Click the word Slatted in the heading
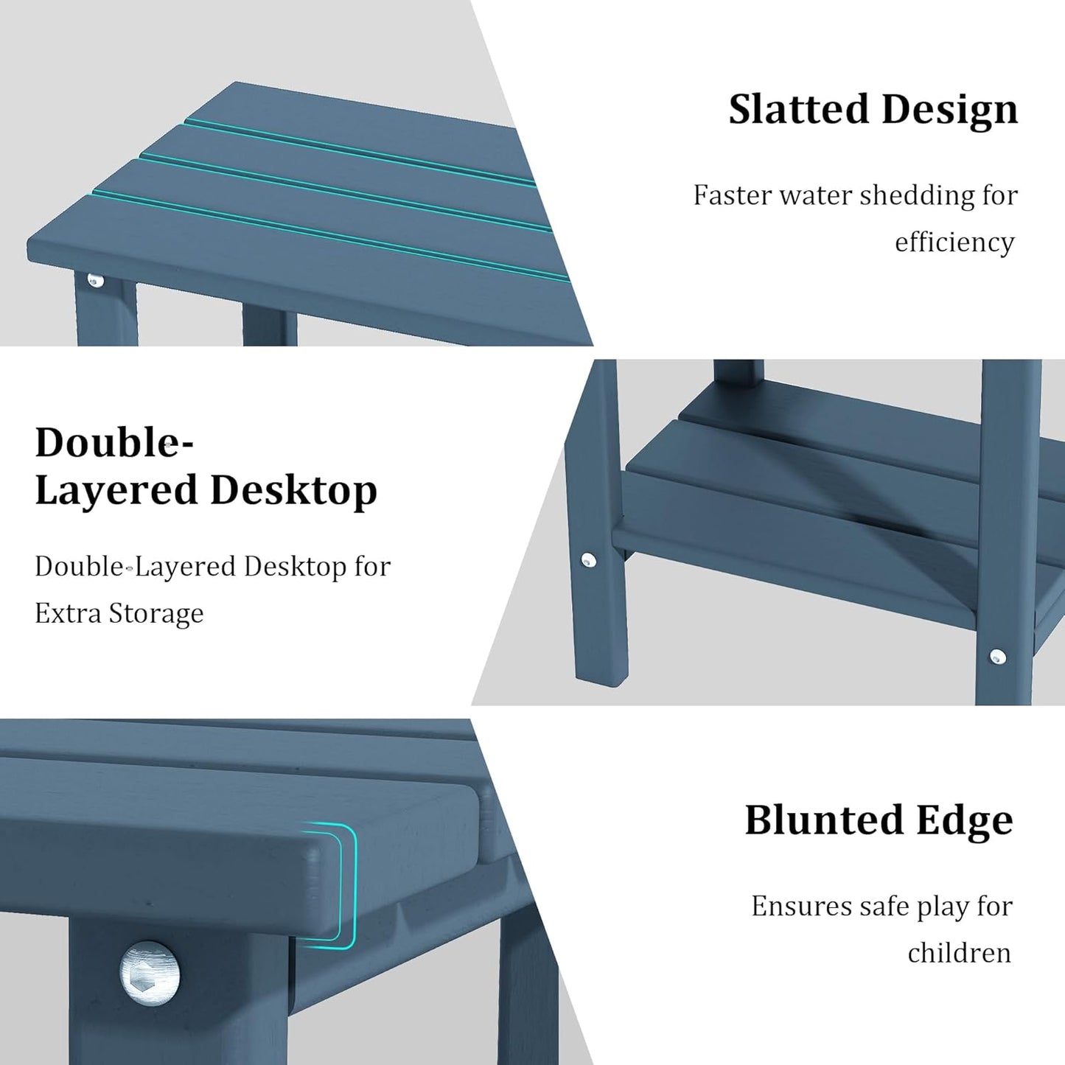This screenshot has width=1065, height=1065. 798,110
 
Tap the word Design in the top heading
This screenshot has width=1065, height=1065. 949,110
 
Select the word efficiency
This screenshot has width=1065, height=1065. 954,242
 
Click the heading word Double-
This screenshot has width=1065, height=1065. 114,443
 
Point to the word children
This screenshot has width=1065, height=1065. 959,953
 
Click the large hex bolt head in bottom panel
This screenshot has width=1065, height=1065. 150,972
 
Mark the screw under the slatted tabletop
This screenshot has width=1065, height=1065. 94,280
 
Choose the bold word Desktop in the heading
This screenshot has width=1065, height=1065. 293,491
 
